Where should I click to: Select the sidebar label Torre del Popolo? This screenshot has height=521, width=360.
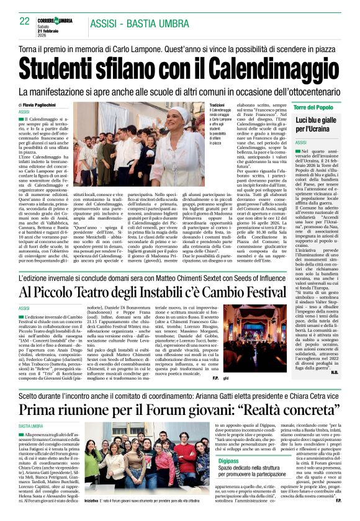[x=314, y=107]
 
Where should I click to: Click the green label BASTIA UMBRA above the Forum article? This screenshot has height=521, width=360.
[x=30, y=427]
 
